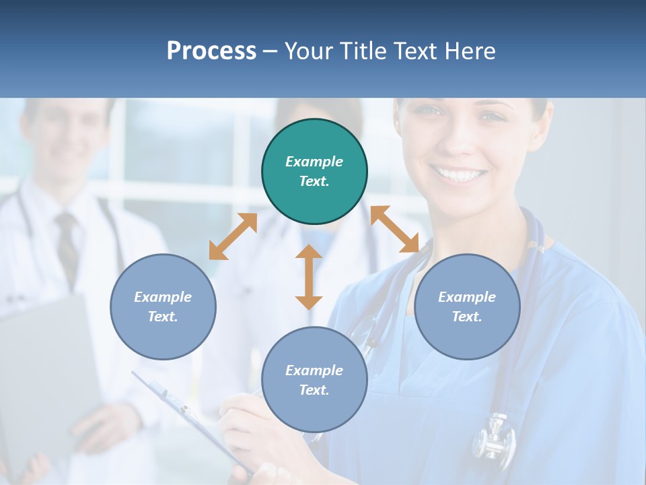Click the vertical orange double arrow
click(x=309, y=277)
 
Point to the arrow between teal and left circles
click(x=233, y=236)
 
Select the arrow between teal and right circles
click(x=395, y=229)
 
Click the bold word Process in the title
click(x=211, y=51)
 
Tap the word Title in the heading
click(x=361, y=51)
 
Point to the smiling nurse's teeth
click(x=462, y=176)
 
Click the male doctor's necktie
click(x=67, y=243)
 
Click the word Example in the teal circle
click(x=314, y=162)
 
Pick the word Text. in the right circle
click(x=467, y=317)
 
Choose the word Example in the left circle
click(x=163, y=297)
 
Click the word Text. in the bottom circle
click(x=314, y=390)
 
